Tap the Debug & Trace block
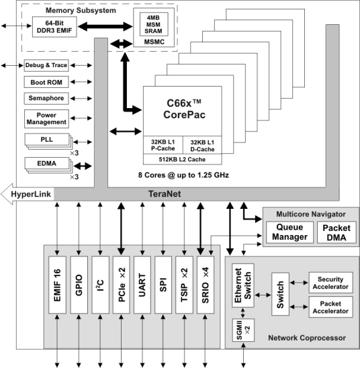[46, 65]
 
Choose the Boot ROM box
[46, 82]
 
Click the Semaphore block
[46, 99]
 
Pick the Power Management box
[46, 119]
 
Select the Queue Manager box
[284, 232]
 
